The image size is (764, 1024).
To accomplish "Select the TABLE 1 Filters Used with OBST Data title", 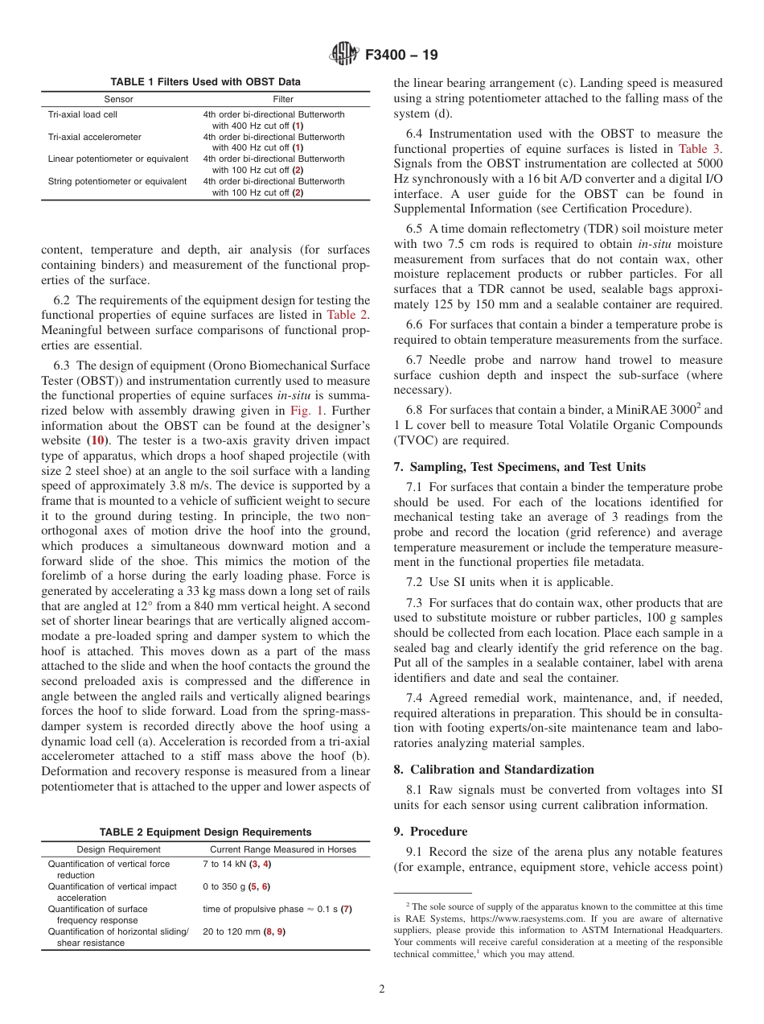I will pos(205,82).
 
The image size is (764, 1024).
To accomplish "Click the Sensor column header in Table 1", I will pos(118,100).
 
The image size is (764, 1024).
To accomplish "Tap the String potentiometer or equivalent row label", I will pos(117,181).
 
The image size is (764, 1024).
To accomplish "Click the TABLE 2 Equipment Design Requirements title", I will pos(205,832).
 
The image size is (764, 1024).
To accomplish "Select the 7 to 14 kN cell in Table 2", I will pos(236,864).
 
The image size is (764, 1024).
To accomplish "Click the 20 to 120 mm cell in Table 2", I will pos(244,931).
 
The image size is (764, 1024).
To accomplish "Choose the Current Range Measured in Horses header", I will pos(282,849).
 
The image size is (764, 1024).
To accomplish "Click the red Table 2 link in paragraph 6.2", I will pos(348,315).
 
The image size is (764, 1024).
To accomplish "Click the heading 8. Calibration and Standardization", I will pos(494,770).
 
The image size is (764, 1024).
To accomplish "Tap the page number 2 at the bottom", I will pos(382,989).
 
